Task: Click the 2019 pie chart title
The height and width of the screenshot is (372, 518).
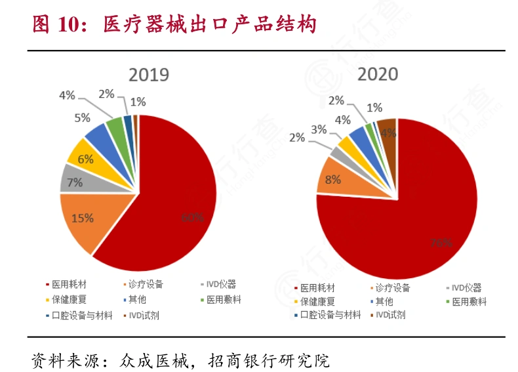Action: tap(148, 75)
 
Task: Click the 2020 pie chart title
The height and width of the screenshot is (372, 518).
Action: tap(377, 74)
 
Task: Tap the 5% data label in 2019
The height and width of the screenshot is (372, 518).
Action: tap(82, 118)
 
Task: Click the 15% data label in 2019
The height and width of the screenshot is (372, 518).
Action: tap(83, 218)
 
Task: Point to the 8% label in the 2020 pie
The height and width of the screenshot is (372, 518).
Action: tap(333, 178)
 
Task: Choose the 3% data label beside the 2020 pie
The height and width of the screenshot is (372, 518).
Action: tap(319, 129)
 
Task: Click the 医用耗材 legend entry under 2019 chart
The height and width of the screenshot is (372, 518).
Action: tap(70, 285)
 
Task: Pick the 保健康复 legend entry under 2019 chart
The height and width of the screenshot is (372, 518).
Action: tap(70, 300)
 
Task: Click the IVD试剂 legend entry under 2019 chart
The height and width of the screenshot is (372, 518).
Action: tap(144, 315)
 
